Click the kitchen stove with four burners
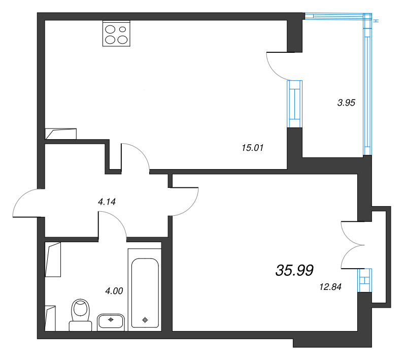tap(116, 34)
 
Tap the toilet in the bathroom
tap(81, 315)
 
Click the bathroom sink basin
tap(111, 321)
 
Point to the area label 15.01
tap(252, 148)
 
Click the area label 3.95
tap(346, 103)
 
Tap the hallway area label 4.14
tap(107, 202)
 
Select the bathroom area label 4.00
tap(114, 291)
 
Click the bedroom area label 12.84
tap(330, 287)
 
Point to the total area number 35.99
tap(294, 270)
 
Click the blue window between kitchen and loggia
tap(295, 104)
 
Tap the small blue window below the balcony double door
tap(364, 280)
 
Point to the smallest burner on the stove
tap(122, 29)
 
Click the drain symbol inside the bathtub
tap(145, 320)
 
